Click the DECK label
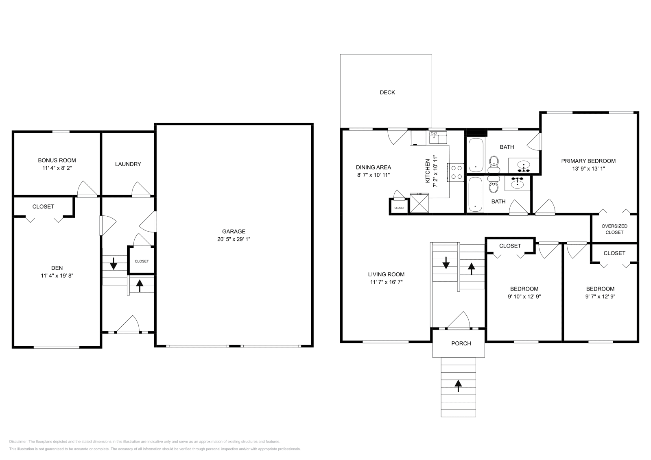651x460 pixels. (x=387, y=93)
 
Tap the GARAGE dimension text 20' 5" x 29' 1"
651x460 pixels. (x=234, y=239)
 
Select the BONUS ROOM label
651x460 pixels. (x=57, y=161)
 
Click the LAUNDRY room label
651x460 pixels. (x=128, y=164)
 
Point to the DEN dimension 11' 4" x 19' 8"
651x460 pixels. (x=57, y=276)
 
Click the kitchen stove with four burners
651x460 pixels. (x=456, y=172)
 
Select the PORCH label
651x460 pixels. (x=461, y=344)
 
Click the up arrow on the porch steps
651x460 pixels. (x=459, y=385)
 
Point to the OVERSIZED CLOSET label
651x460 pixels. (x=614, y=229)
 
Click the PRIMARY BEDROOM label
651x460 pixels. (x=588, y=161)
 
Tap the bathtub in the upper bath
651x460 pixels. (x=476, y=156)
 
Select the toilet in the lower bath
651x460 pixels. (x=494, y=186)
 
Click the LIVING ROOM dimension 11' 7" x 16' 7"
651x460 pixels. (x=386, y=282)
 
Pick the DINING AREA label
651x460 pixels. (x=373, y=167)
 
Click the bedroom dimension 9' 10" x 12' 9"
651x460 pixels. (x=524, y=297)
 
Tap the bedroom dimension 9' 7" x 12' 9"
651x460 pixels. (x=600, y=297)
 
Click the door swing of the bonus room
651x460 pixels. (x=87, y=189)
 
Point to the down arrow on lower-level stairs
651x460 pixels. (x=114, y=264)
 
